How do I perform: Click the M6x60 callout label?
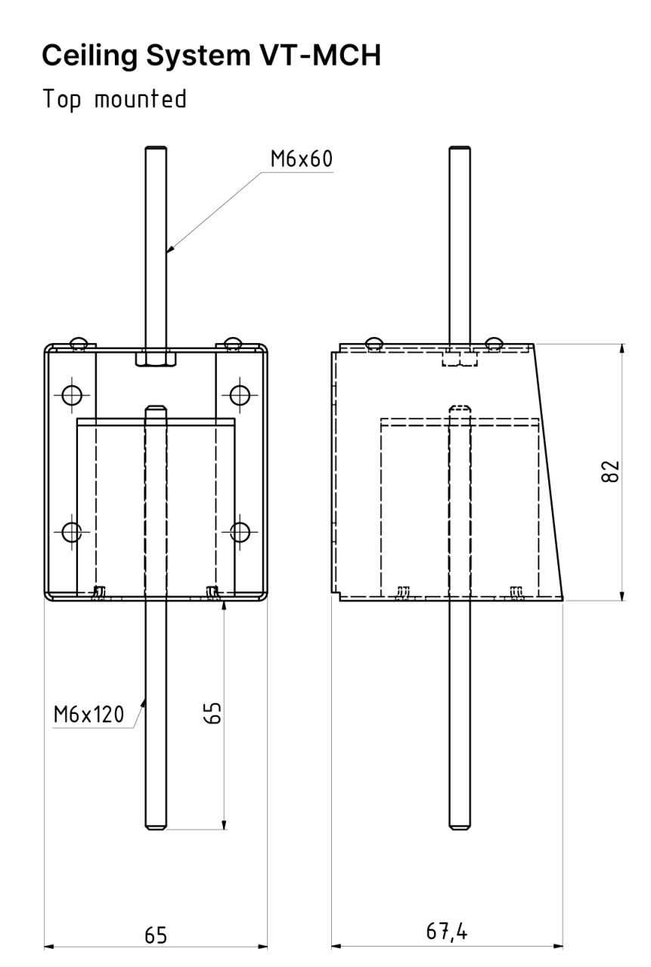pos(302,159)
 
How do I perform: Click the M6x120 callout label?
pos(88,715)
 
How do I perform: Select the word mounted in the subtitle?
pos(141,98)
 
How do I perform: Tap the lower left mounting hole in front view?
pos(72,531)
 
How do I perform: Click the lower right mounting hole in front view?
pos(240,531)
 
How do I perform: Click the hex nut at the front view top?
pos(157,358)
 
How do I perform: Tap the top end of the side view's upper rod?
pos(460,149)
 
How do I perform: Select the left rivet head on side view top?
pos(374,343)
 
